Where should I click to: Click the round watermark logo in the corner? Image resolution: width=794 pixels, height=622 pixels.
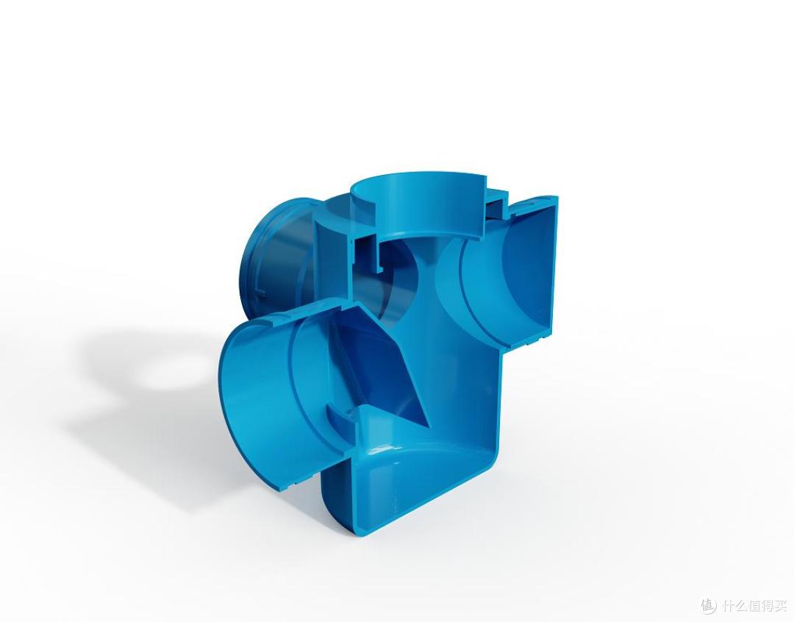pos(709,604)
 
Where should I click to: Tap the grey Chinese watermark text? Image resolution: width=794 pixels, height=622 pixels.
pos(754,605)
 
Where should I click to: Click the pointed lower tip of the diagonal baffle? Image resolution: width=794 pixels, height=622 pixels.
pos(427,428)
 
